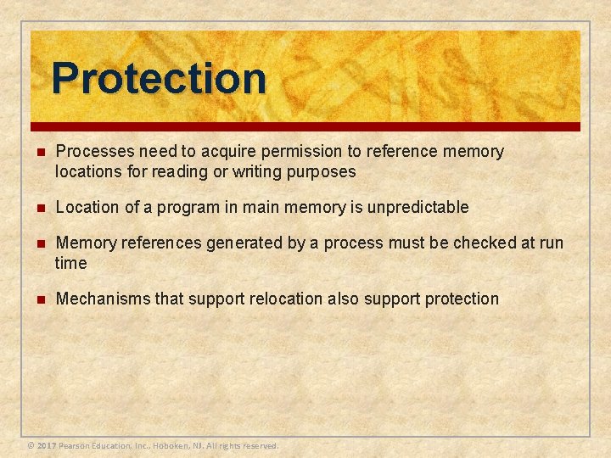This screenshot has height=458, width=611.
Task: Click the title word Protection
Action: [159, 78]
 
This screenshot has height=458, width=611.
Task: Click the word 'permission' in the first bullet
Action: [277, 152]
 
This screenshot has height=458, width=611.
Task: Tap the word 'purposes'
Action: [323, 171]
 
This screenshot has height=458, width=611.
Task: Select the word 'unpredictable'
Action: [423, 207]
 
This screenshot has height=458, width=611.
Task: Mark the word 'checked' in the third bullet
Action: [484, 243]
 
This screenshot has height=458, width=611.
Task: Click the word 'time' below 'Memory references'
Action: [71, 263]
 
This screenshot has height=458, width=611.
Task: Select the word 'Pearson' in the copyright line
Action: [76, 445]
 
